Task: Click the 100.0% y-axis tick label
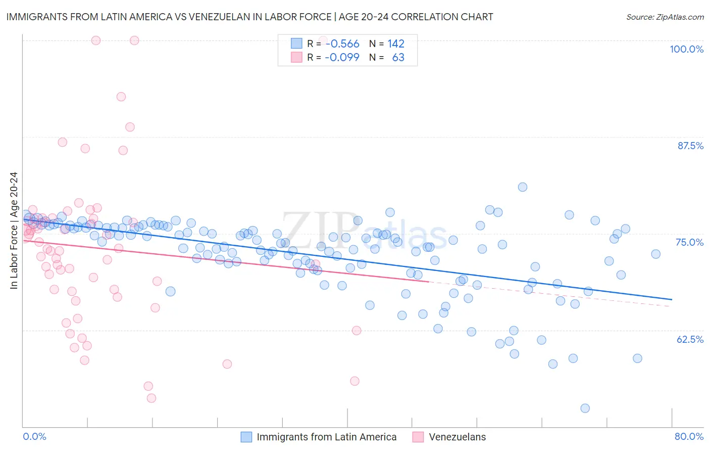686,49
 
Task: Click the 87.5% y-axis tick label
690,146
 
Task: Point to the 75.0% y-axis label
689,242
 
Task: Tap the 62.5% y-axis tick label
690,339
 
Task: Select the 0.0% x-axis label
34,436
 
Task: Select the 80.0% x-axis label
689,436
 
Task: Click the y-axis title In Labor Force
14,231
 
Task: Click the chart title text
249,17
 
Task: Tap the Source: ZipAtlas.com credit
665,17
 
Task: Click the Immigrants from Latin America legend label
326,437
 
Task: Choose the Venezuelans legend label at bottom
457,437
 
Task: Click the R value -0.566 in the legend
342,44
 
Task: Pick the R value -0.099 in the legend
342,57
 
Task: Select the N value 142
396,44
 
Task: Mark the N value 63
398,57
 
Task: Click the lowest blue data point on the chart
585,408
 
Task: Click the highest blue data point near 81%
523,187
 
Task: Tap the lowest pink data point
151,398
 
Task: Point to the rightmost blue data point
655,254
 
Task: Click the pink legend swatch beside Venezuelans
418,437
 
